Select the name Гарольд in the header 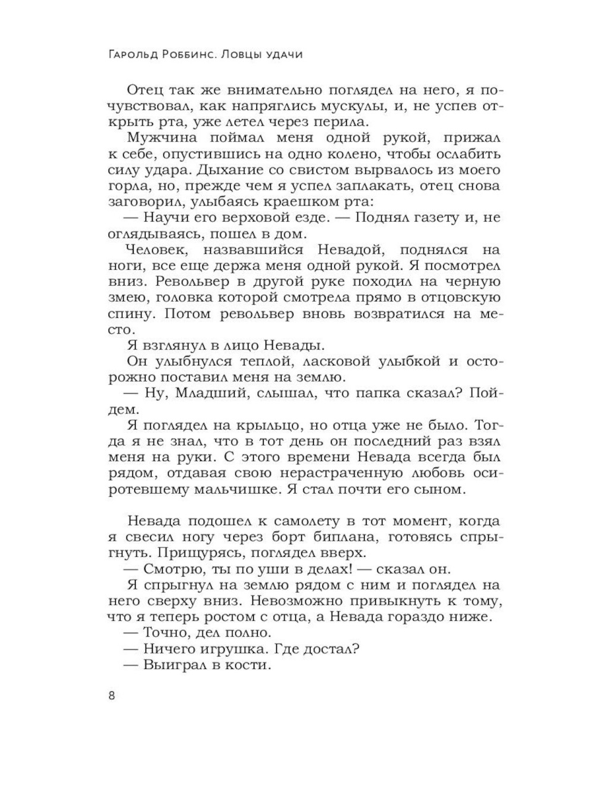pyautogui.click(x=134, y=55)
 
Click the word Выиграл pyautogui.click(x=171, y=665)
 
